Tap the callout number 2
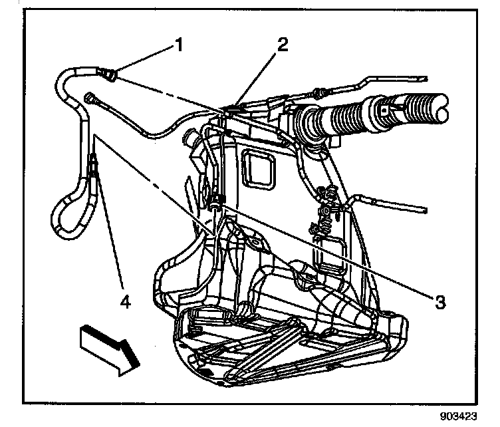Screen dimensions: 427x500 [283, 45]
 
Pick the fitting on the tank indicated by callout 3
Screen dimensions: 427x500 [217, 200]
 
